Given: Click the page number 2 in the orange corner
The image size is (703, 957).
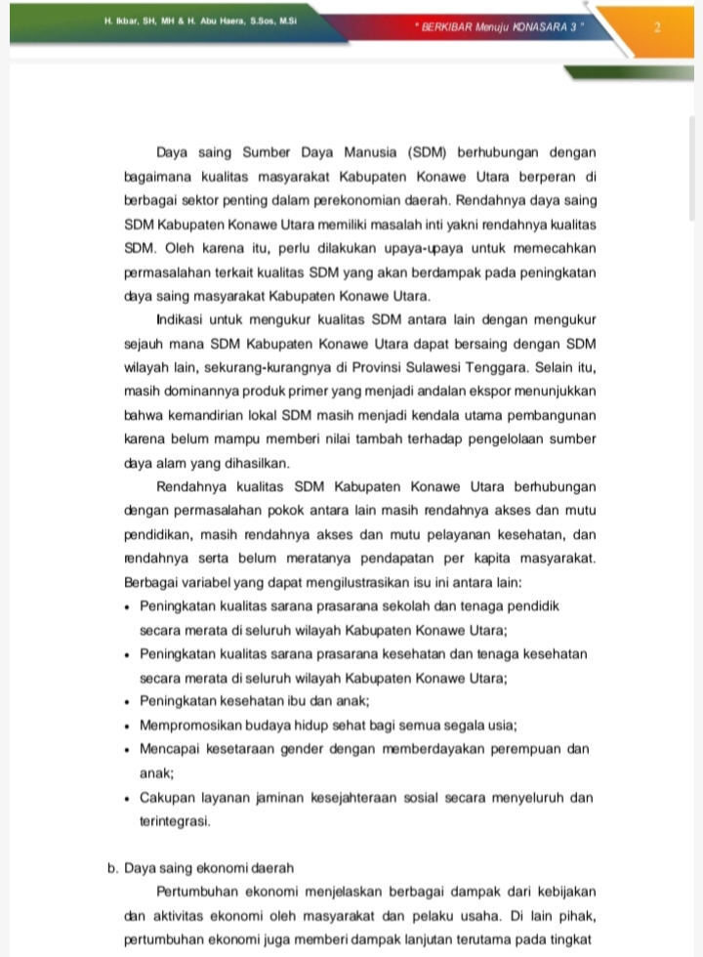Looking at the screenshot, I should (657, 27).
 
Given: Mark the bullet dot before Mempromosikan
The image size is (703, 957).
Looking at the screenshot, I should (128, 727).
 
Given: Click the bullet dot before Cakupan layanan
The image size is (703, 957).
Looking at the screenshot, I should (128, 799).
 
